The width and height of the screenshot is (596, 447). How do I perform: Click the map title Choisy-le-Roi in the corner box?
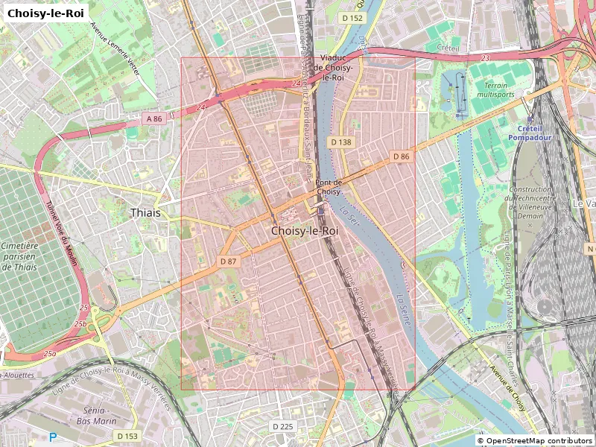[45, 13]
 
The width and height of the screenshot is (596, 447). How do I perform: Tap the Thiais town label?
[145, 212]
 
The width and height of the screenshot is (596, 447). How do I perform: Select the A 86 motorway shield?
[153, 118]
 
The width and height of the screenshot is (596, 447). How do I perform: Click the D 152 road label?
[352, 18]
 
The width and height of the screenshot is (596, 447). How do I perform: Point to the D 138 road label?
[340, 142]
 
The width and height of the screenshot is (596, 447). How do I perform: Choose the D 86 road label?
[401, 156]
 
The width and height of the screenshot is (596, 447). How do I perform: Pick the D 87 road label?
[228, 261]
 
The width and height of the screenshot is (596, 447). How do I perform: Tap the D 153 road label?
[127, 436]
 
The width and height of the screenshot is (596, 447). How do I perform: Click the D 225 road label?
[283, 426]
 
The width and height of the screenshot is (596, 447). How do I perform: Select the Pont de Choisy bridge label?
[329, 187]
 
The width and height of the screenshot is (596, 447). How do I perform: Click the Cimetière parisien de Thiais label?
[20, 257]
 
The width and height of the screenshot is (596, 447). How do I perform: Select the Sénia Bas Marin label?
[95, 415]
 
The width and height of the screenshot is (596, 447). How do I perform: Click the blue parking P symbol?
[52, 437]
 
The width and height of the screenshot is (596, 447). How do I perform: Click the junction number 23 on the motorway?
[485, 57]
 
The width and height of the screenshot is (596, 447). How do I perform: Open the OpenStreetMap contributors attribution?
[534, 441]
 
